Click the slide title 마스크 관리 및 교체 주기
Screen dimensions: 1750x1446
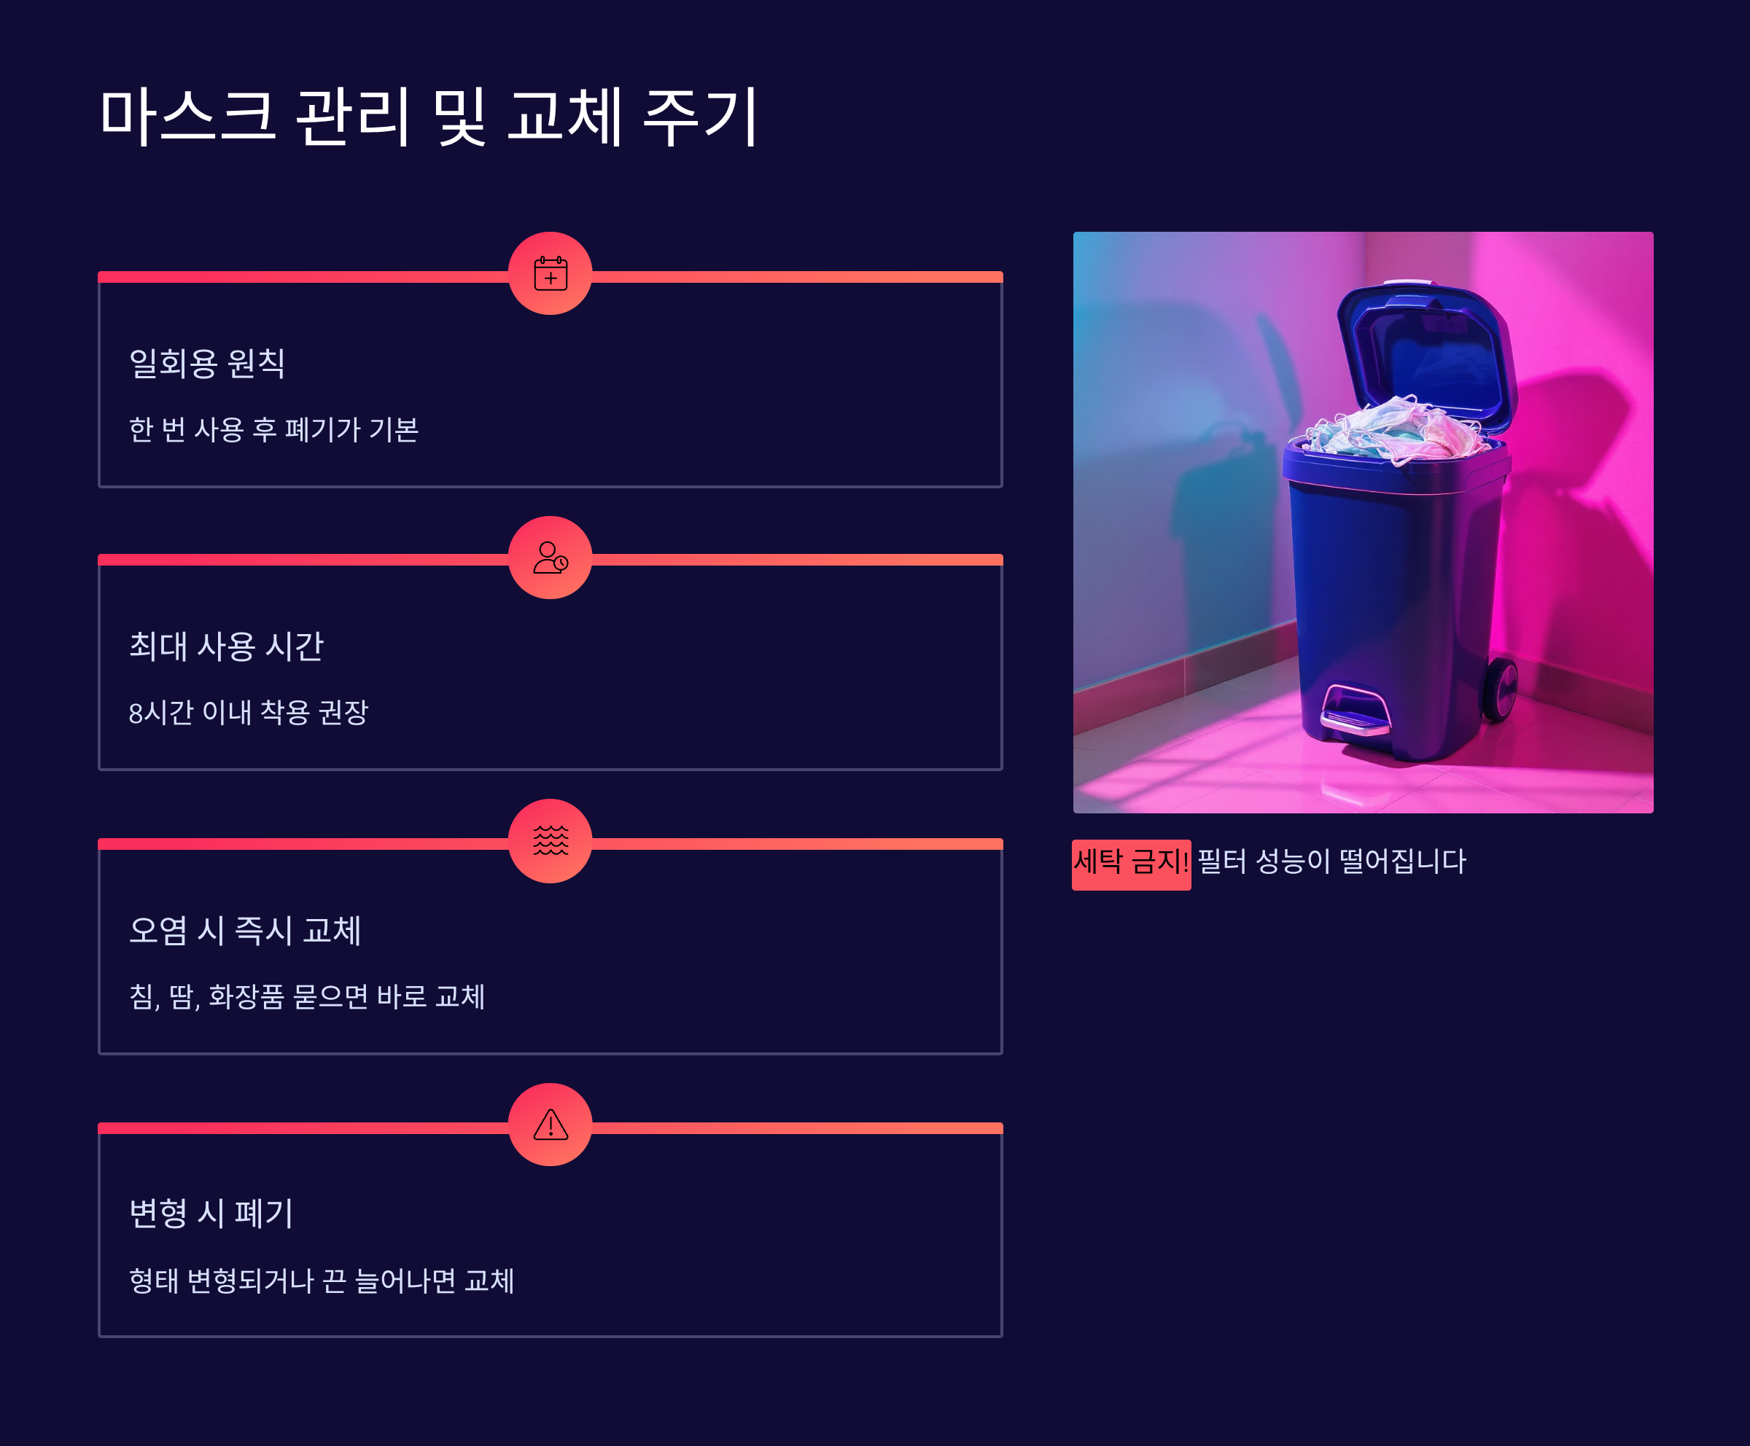[x=428, y=117]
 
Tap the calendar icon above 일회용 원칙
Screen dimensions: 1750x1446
[x=550, y=273]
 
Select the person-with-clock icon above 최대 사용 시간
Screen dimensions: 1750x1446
[x=550, y=558]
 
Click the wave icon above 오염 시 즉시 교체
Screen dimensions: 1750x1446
[x=550, y=840]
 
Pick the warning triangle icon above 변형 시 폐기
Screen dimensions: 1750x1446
[x=550, y=1125]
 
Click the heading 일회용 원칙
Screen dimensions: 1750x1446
[x=206, y=363]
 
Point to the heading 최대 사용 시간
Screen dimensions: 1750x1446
[x=226, y=646]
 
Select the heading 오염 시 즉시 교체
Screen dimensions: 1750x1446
[x=245, y=931]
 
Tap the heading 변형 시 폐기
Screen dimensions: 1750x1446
[x=211, y=1214]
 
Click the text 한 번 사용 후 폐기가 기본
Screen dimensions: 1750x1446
[x=273, y=430]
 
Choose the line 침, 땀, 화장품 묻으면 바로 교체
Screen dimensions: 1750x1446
[x=307, y=997]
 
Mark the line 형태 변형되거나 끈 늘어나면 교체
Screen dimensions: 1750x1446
[x=322, y=1281]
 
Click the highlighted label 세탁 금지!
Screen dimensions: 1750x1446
[x=1131, y=862]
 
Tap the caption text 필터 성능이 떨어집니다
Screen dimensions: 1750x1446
[x=1331, y=862]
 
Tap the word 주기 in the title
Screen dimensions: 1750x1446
[x=700, y=117]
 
